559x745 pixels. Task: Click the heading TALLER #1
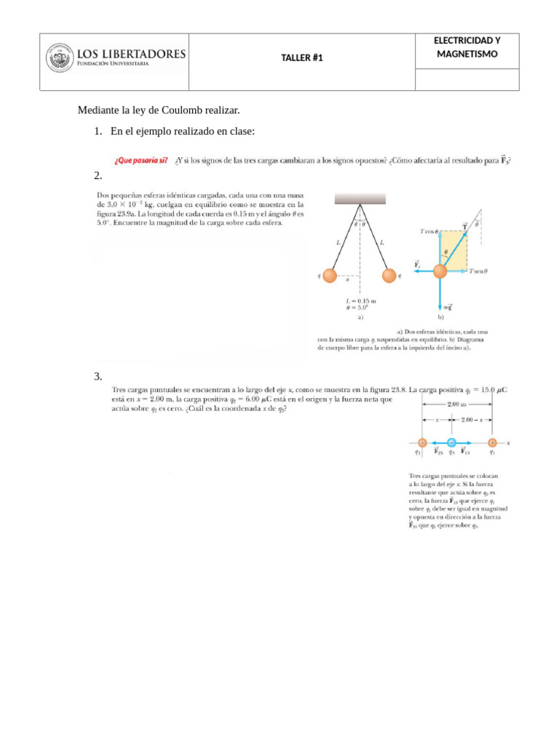tap(301, 58)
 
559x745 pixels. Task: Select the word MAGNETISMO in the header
tap(467, 55)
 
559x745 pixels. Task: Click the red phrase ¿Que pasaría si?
tap(140, 162)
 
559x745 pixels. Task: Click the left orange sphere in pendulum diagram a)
tap(329, 276)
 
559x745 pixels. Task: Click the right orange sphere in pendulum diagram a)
tap(389, 276)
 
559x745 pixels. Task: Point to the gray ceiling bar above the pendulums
tap(360, 198)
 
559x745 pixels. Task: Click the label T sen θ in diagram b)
tap(477, 271)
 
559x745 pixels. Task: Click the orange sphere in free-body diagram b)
tap(440, 271)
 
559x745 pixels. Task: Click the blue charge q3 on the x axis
tap(451, 442)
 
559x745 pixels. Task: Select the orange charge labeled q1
tap(492, 442)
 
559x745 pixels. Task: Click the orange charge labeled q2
tap(421, 442)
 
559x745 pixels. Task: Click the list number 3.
tap(97, 376)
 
